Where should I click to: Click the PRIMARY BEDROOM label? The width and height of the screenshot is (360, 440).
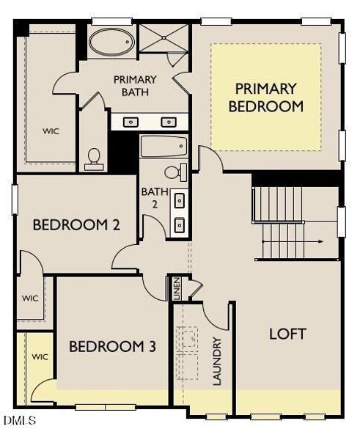tap(265, 97)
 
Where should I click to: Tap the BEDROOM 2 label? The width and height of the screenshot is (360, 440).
tap(76, 225)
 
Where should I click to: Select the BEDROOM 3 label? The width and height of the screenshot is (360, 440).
tap(112, 346)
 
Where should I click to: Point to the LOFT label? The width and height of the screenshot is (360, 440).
tap(287, 334)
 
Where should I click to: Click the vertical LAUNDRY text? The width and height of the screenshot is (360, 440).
tap(216, 361)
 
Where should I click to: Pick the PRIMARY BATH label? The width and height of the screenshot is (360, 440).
tap(135, 85)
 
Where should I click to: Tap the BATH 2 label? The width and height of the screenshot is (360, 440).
tap(154, 199)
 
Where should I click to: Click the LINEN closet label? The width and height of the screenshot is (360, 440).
tap(177, 287)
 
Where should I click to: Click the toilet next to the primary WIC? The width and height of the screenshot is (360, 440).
tap(94, 158)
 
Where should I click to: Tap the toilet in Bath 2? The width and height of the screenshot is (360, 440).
tap(175, 172)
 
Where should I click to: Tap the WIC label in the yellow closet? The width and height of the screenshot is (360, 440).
tap(39, 356)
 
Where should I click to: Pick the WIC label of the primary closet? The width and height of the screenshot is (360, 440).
tap(51, 131)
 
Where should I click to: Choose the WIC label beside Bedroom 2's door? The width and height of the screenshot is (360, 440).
tap(30, 298)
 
